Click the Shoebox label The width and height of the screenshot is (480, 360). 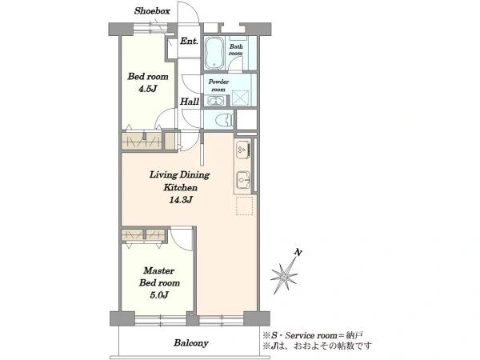[x=152, y=11]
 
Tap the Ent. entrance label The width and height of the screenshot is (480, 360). [x=189, y=41]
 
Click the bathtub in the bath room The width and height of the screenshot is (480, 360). [x=214, y=53]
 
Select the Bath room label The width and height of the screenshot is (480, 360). [x=236, y=50]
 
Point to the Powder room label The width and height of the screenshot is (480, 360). [x=218, y=86]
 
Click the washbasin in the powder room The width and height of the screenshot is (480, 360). [x=216, y=101]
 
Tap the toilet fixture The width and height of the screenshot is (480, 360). [x=224, y=119]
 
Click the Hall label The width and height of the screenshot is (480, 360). [x=190, y=102]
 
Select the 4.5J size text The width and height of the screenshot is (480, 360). [x=147, y=89]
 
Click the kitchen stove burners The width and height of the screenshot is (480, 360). [x=243, y=150]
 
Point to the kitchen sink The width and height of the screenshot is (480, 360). [x=244, y=180]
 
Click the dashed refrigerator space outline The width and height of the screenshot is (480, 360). [x=245, y=206]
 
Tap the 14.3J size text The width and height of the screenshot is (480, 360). [x=181, y=200]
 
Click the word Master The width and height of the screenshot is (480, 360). [x=159, y=270]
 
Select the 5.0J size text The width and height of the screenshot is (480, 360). [x=159, y=295]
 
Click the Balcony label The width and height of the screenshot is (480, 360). [x=191, y=343]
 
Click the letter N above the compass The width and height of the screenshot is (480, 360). [x=298, y=253]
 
